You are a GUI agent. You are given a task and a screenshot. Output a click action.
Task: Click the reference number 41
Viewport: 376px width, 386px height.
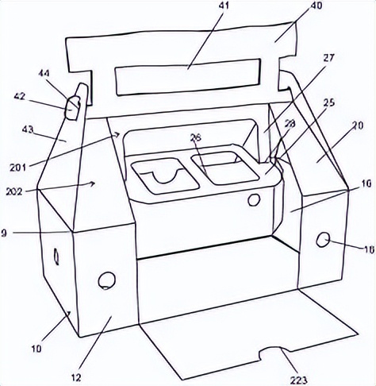(223, 6)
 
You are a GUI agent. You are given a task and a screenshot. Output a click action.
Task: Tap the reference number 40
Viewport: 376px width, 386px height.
(316, 6)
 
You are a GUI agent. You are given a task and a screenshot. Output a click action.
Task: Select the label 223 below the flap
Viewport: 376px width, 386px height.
(299, 380)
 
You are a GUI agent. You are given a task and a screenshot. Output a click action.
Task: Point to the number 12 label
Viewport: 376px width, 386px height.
(76, 377)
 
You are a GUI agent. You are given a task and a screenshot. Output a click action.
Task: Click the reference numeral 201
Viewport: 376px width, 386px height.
(18, 168)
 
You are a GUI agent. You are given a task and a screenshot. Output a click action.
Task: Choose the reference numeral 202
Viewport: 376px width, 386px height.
(14, 191)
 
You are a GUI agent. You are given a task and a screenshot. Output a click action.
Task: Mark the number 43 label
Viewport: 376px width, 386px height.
(28, 130)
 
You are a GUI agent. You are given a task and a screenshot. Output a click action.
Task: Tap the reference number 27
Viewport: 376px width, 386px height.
(328, 58)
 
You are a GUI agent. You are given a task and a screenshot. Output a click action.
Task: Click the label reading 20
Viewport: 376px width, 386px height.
(358, 125)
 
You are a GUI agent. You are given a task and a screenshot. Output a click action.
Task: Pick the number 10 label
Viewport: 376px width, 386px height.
(36, 349)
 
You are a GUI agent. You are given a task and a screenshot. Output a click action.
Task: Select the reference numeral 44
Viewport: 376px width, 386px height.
(44, 73)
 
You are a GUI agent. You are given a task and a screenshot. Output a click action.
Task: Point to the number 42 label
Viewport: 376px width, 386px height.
(19, 97)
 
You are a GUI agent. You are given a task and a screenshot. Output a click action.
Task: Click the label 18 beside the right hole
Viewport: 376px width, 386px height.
(370, 249)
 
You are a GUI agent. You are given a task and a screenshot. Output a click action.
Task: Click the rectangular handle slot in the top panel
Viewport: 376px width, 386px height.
(188, 77)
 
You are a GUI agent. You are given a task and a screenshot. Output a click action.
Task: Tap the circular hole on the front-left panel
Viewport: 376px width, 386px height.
(107, 280)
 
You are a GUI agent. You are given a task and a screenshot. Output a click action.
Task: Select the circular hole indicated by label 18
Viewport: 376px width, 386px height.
(323, 240)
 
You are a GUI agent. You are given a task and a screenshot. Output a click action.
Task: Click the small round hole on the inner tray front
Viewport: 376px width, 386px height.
(254, 199)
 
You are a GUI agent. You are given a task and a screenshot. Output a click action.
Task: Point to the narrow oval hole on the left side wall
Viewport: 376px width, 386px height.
(56, 256)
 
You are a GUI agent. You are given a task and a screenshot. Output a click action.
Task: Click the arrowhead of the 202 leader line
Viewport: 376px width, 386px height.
(92, 183)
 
